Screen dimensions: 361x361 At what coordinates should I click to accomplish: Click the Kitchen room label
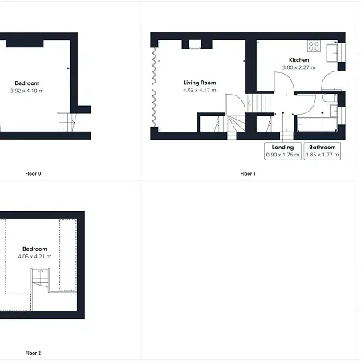tap(298, 60)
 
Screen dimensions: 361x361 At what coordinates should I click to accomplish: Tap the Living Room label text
tap(200, 83)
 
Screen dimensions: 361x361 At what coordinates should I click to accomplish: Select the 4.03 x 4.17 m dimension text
tap(200, 91)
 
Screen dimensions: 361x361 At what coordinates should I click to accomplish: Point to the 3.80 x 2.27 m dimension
tap(299, 67)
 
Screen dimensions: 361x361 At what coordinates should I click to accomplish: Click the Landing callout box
tap(282, 151)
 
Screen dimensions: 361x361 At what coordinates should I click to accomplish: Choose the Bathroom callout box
tap(322, 151)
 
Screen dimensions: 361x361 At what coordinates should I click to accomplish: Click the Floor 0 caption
tap(33, 173)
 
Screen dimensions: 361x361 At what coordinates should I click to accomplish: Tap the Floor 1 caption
tap(248, 173)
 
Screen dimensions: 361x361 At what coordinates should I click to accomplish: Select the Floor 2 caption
tap(33, 353)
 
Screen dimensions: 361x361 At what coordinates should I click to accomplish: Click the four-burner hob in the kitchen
tap(314, 46)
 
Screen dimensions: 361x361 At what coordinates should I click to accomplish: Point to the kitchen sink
tap(332, 53)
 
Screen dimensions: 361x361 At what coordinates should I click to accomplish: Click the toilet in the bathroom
tap(329, 98)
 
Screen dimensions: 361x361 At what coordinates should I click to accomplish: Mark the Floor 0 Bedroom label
tap(27, 83)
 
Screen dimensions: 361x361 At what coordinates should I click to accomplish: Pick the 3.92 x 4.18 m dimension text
tap(26, 91)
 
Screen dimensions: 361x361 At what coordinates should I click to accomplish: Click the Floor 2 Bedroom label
tap(34, 249)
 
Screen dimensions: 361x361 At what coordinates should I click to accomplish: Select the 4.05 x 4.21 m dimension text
tap(34, 257)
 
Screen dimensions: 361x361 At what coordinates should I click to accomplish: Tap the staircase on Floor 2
tap(40, 279)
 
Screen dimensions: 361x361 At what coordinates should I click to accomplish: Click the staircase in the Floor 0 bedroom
tap(67, 122)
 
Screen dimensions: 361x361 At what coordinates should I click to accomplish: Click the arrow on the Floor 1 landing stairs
tap(254, 103)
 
